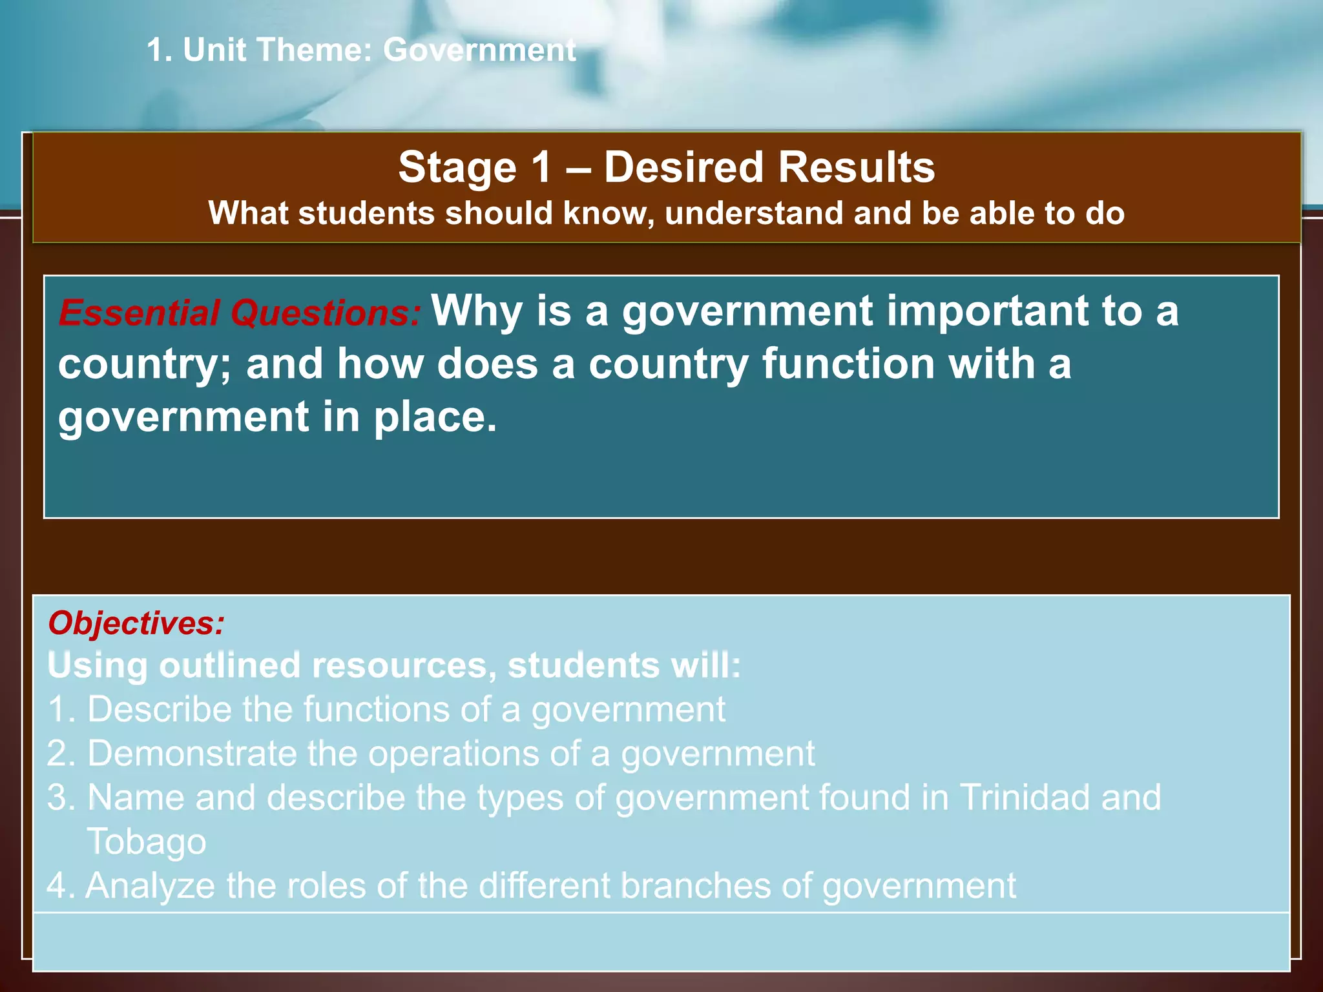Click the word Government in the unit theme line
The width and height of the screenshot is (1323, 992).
pyautogui.click(x=479, y=50)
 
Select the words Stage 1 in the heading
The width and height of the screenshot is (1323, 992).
pyautogui.click(x=475, y=167)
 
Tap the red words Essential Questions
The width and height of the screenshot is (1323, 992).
pyautogui.click(x=240, y=313)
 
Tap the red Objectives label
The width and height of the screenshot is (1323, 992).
pyautogui.click(x=136, y=623)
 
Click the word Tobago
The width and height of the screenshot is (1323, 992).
pyautogui.click(x=147, y=842)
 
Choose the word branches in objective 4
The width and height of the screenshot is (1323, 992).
pyautogui.click(x=695, y=885)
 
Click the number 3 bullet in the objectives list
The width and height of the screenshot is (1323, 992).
pyautogui.click(x=60, y=798)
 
